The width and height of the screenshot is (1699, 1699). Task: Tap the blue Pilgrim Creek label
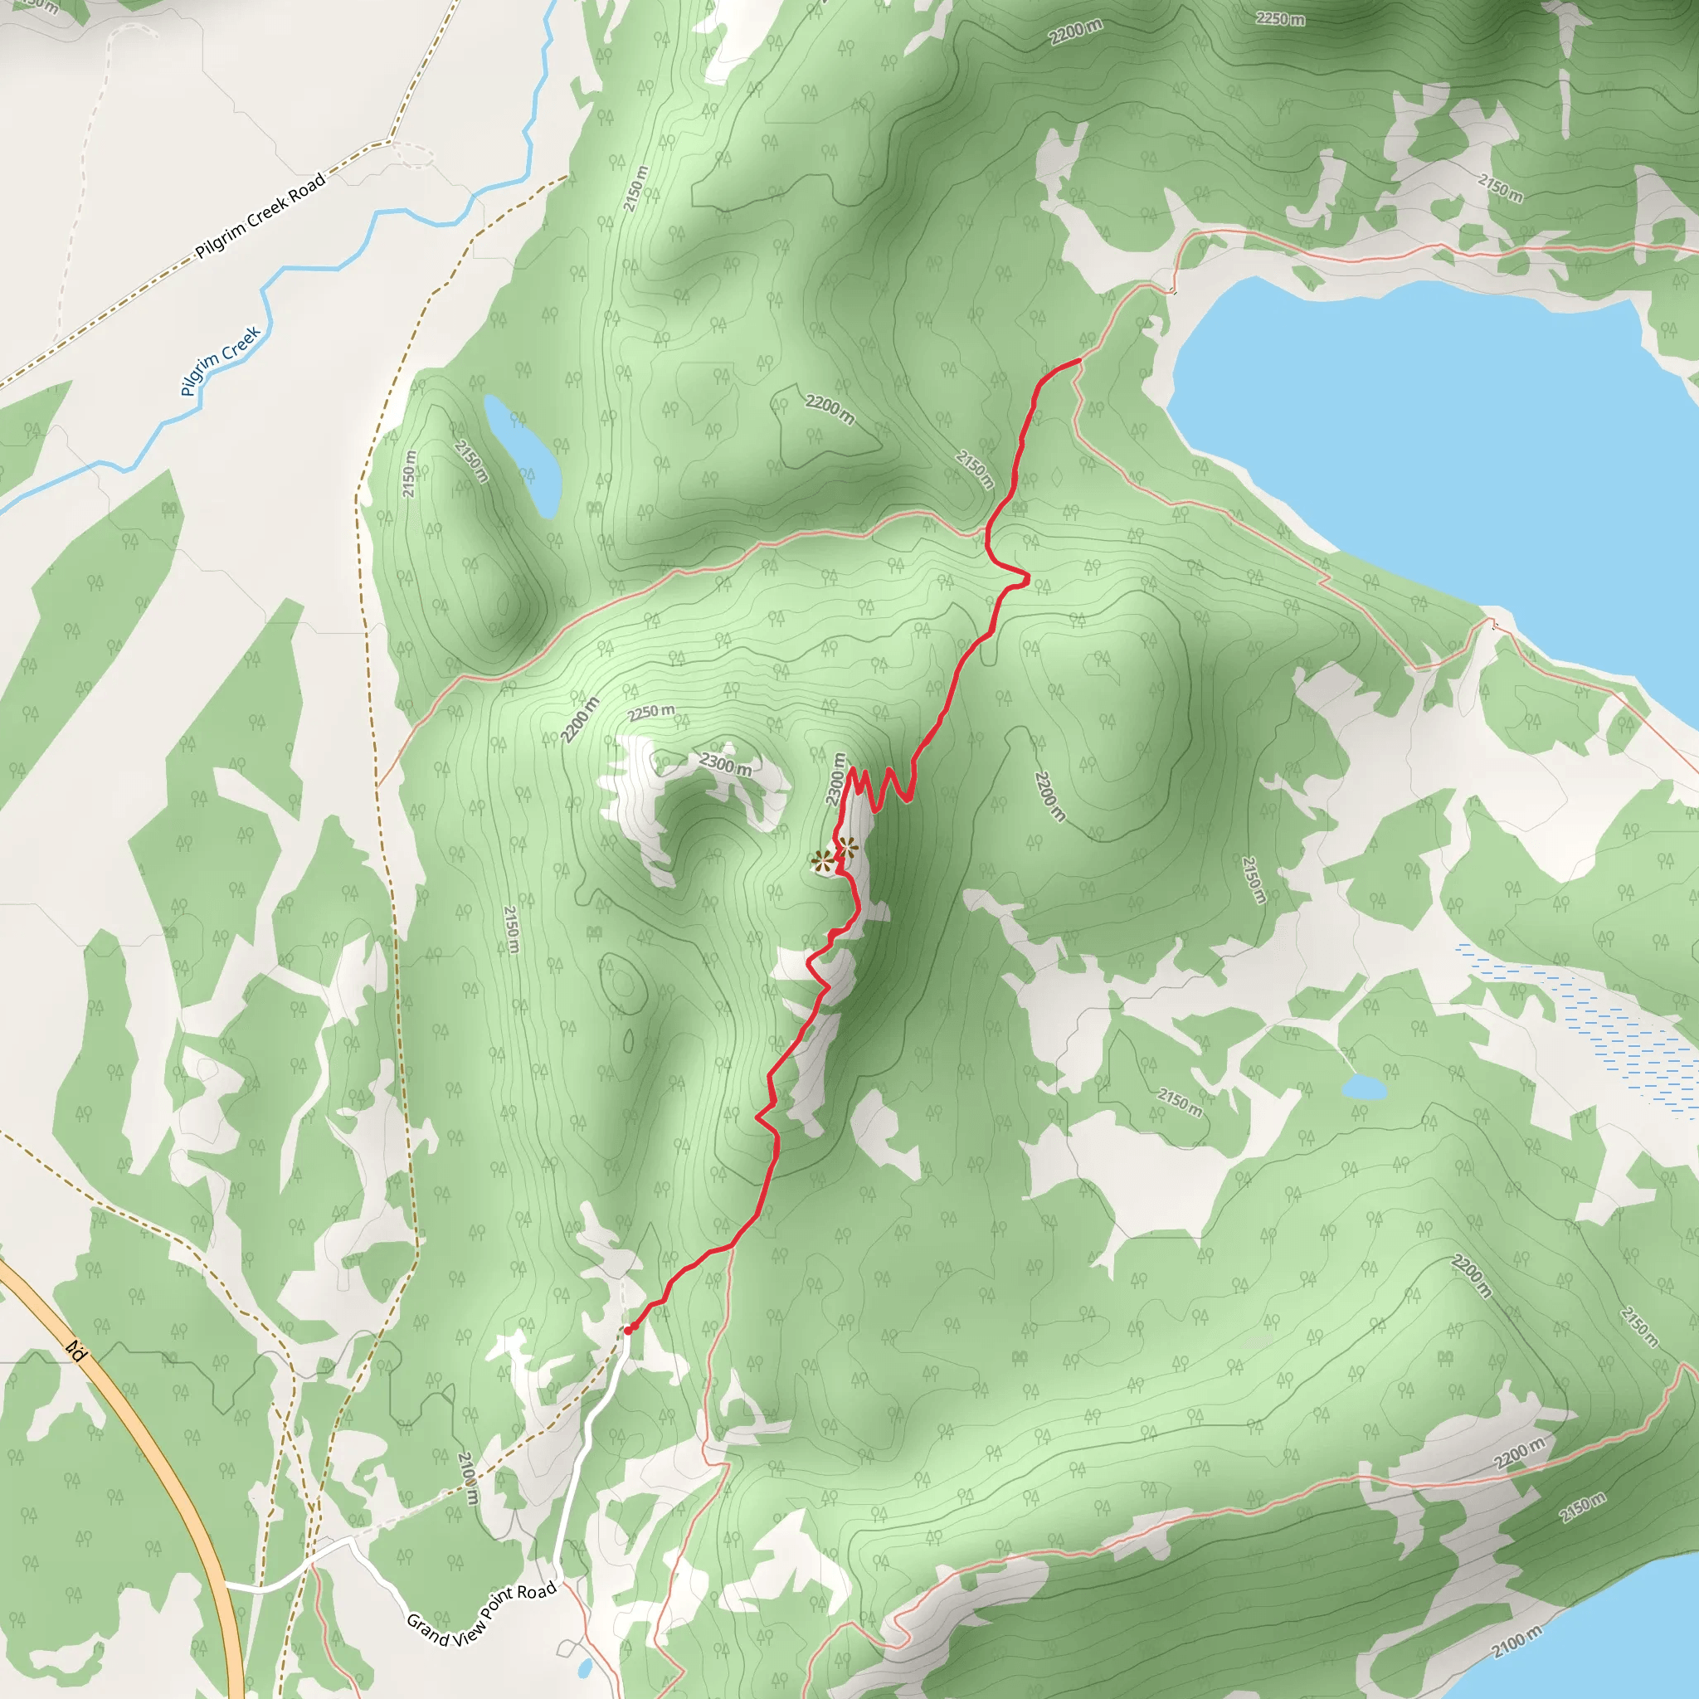pyautogui.click(x=221, y=361)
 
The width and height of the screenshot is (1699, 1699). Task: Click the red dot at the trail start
pyautogui.click(x=628, y=1330)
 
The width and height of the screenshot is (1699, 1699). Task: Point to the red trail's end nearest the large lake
pyautogui.click(x=1078, y=362)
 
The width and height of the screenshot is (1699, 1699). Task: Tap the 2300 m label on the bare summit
pyautogui.click(x=727, y=763)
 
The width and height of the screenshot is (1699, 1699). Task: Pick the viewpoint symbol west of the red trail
pyautogui.click(x=823, y=861)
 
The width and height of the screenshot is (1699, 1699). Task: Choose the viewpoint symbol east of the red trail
pyautogui.click(x=847, y=848)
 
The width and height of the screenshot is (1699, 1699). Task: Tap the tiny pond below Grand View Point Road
pyautogui.click(x=585, y=1667)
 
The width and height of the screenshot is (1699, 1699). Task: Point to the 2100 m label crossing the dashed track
pyautogui.click(x=469, y=1477)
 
